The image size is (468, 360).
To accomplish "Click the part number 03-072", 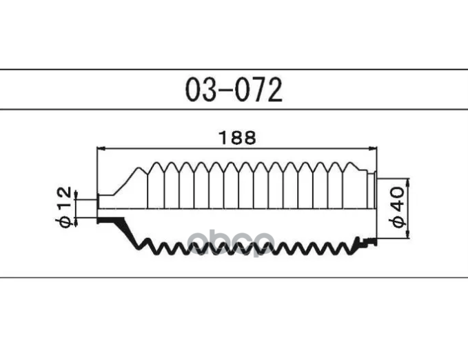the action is pyautogui.click(x=234, y=90).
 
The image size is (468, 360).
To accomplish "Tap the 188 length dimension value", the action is pyautogui.click(x=237, y=138).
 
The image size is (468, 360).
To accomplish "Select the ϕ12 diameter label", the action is pyautogui.click(x=64, y=206).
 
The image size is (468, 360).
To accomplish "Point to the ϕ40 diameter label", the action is pyautogui.click(x=397, y=207).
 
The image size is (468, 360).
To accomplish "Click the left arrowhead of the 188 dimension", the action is pyautogui.click(x=101, y=148).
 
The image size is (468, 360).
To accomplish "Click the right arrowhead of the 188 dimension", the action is pyautogui.click(x=373, y=148).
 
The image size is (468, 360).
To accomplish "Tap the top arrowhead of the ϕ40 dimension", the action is pyautogui.click(x=409, y=183).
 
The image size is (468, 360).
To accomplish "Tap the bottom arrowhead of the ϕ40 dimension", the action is pyautogui.click(x=409, y=234).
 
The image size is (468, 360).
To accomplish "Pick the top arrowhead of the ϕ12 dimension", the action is pyautogui.click(x=76, y=195).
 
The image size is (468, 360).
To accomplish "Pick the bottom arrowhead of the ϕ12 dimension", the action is pyautogui.click(x=76, y=221).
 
